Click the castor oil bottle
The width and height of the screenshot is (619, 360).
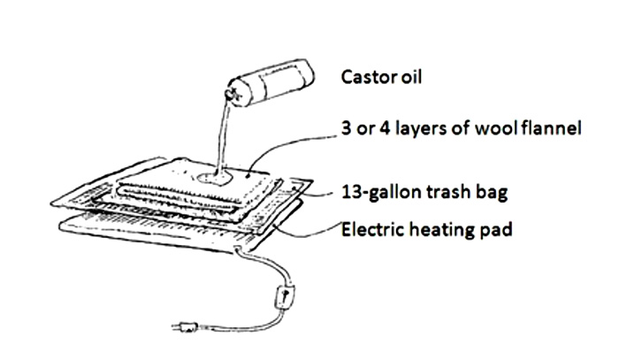coord(271,84)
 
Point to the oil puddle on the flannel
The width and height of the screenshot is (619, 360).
coord(214,179)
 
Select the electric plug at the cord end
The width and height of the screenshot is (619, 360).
coord(185,327)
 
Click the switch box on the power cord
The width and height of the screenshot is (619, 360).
coord(284,296)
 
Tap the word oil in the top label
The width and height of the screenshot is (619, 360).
coord(412,77)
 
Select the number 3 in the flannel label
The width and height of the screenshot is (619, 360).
coord(346,128)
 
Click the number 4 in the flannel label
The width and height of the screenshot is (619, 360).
coord(385,128)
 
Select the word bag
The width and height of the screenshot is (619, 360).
coord(492,194)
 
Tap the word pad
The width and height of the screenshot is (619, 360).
coord(496,231)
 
